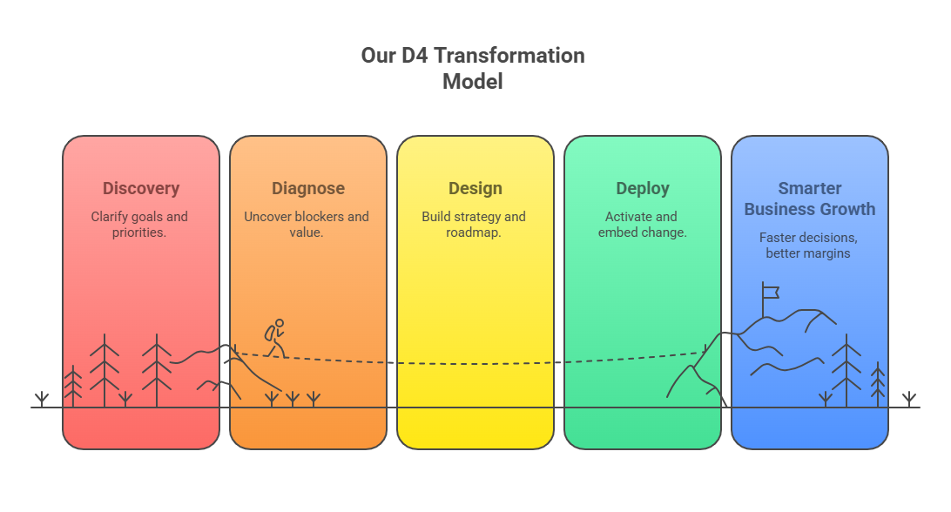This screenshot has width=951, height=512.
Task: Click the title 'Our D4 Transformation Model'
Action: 473,68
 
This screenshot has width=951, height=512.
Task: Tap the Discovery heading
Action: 141,189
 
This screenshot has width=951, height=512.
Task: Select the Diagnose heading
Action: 308,189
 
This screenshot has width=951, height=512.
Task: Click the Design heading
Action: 475,189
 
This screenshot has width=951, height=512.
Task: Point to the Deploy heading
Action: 643,189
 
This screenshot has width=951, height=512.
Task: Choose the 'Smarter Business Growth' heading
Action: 810,199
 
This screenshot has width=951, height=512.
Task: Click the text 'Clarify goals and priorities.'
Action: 139,225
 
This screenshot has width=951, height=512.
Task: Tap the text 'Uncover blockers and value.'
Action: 307,225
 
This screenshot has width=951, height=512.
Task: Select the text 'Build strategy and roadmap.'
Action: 474,225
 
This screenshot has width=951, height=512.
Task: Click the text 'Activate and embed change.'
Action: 643,225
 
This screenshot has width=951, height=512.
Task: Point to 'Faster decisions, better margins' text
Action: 808,245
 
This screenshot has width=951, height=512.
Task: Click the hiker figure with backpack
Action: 275,339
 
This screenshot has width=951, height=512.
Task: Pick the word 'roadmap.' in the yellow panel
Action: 474,232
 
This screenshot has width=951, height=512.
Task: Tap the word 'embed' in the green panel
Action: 617,232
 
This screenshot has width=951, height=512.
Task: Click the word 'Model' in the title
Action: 473,81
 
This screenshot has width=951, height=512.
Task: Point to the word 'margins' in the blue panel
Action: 827,253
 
